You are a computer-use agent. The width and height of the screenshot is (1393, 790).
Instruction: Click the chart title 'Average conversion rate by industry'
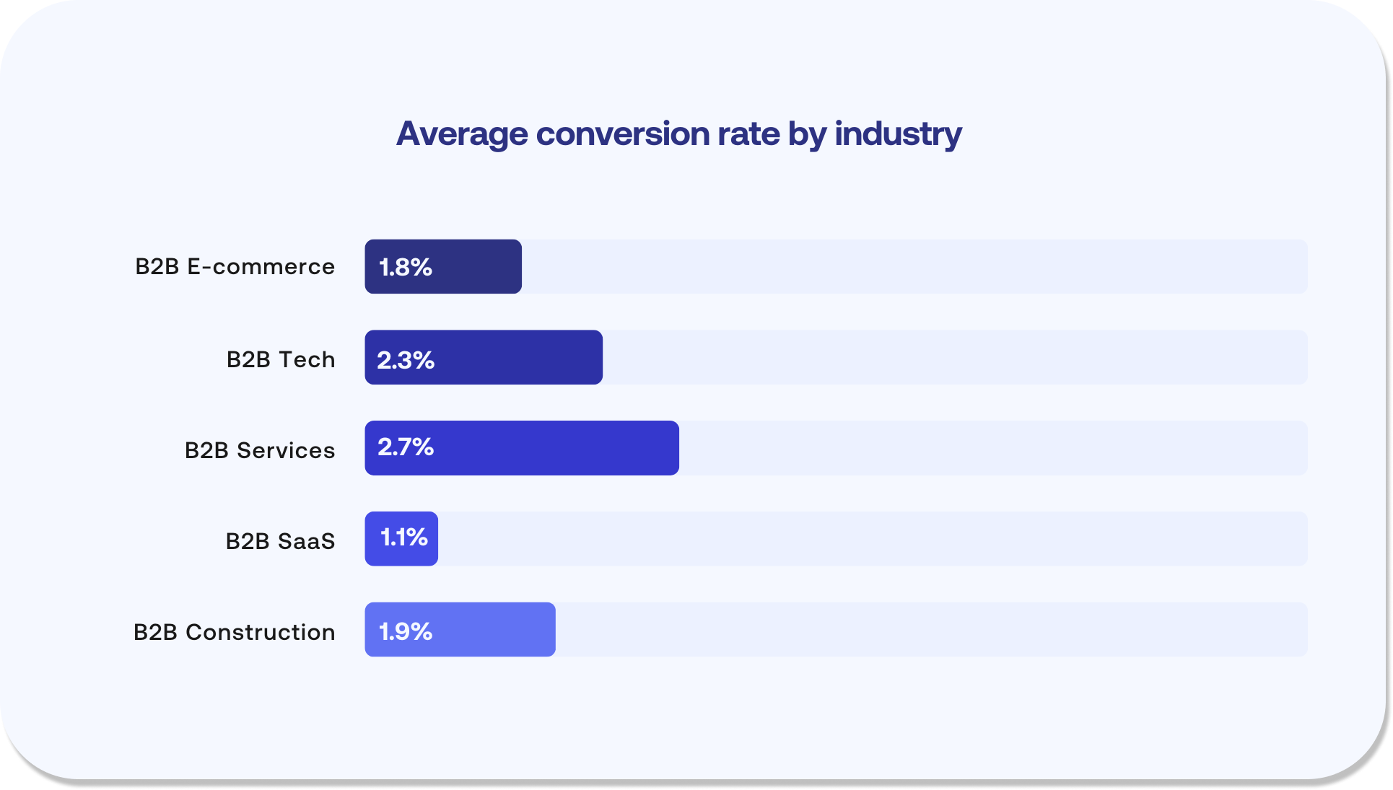click(x=678, y=134)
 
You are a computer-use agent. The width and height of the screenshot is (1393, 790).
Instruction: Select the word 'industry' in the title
click(x=898, y=134)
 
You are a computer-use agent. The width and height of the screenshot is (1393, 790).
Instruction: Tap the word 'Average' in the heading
click(x=462, y=134)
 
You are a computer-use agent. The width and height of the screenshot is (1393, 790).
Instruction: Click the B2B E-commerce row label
click(x=235, y=267)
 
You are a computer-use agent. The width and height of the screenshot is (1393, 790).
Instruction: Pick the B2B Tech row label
click(x=281, y=359)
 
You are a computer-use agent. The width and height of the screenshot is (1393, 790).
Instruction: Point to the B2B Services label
click(x=260, y=450)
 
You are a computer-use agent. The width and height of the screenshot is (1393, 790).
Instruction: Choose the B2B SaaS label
click(x=280, y=541)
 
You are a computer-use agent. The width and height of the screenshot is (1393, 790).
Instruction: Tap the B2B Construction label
click(x=234, y=632)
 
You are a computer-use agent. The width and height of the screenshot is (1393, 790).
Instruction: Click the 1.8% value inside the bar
click(x=406, y=268)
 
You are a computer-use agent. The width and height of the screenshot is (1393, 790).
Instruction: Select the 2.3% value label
click(x=406, y=360)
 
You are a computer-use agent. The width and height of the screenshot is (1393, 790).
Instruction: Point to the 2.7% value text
click(x=406, y=447)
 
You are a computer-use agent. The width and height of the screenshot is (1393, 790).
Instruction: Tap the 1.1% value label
click(x=404, y=537)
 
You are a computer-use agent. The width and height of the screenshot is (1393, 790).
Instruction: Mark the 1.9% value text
click(x=406, y=632)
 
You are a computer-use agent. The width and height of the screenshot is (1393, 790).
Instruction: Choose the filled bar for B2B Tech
click(x=520, y=358)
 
